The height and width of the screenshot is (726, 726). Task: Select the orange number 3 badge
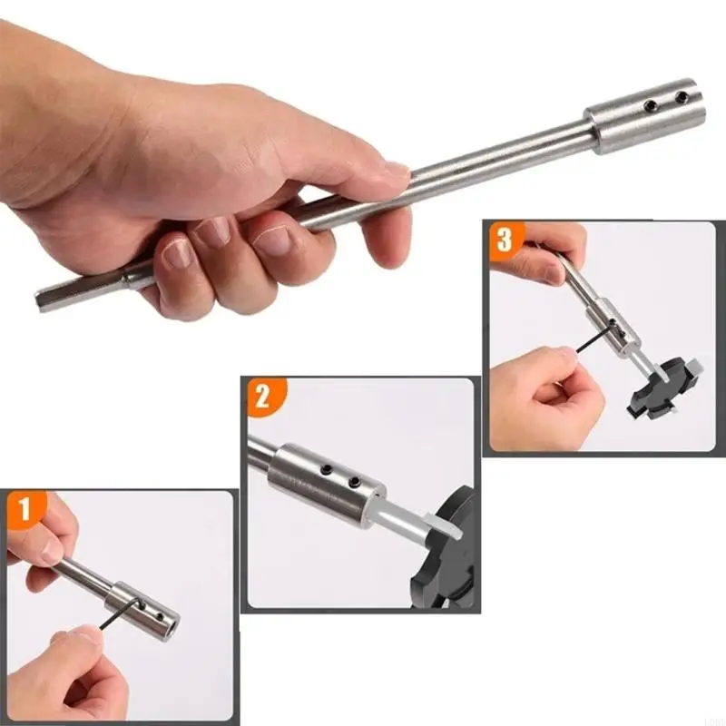(504, 241)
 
